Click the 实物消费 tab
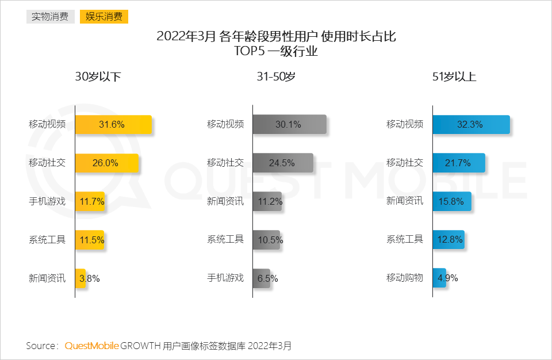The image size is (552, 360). [50, 17]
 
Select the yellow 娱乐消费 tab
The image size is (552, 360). [103, 17]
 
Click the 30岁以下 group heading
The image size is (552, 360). [98, 76]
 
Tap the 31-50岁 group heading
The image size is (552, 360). [276, 76]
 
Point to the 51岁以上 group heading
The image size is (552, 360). [454, 76]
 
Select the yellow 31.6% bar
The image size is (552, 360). [113, 124]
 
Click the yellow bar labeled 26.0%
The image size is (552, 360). [107, 163]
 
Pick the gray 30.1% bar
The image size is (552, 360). [289, 124]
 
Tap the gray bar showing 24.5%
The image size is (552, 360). [282, 163]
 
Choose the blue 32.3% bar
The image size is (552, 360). [471, 124]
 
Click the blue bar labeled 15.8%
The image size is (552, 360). [452, 201]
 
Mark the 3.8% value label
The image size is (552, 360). [90, 278]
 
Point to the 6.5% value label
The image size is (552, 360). [268, 278]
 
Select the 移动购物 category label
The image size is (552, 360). [405, 278]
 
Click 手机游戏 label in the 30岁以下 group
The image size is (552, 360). [47, 201]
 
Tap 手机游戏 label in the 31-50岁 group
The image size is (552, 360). [225, 278]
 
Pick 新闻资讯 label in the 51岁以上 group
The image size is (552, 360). [405, 201]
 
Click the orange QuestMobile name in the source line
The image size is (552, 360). [91, 346]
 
